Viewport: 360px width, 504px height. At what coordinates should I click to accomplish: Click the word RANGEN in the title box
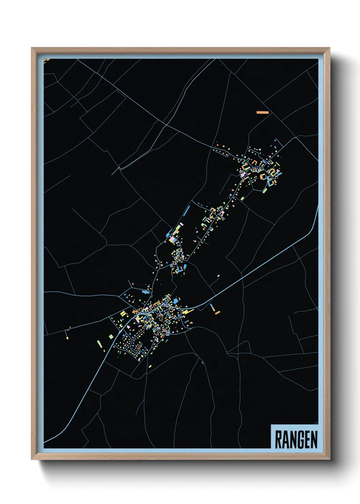296,439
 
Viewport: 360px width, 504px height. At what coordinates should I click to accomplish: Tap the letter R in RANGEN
278,440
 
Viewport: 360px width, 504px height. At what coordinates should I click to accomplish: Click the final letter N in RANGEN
314,440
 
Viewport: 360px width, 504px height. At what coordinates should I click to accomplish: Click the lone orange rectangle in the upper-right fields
262,112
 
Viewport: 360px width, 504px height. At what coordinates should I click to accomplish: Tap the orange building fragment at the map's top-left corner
47,60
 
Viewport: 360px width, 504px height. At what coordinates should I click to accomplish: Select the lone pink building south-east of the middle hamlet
218,276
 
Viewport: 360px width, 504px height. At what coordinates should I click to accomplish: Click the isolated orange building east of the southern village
217,312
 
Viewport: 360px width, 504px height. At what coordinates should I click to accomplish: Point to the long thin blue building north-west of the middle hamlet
186,211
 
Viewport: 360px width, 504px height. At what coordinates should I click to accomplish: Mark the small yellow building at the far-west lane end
67,338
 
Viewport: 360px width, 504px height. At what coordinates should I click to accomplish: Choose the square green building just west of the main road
111,336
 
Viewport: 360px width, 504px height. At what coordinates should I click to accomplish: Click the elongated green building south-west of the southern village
100,344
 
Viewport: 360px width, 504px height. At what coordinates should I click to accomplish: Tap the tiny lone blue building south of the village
202,362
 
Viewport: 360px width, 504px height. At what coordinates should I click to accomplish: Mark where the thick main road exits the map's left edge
45,442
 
